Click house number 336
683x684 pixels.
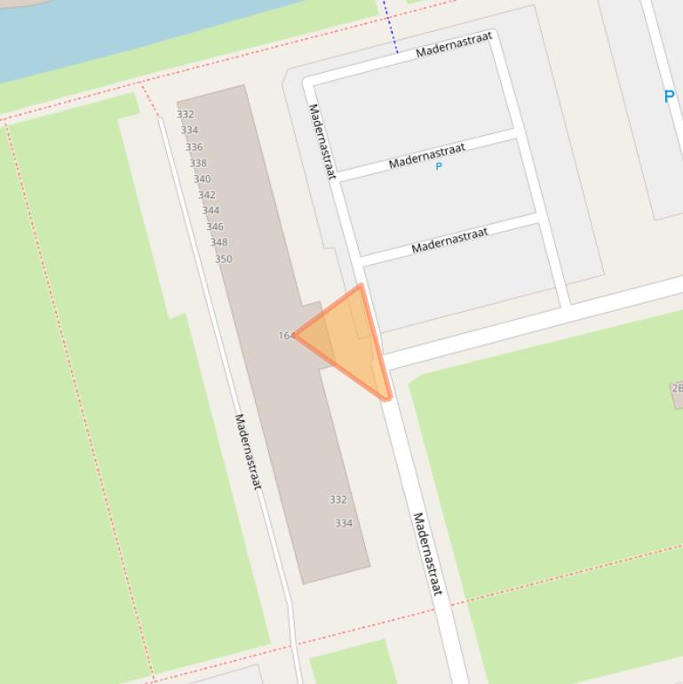[194, 147]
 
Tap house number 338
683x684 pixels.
[198, 163]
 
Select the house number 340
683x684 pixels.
[203, 179]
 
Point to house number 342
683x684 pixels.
[206, 195]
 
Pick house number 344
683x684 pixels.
[210, 211]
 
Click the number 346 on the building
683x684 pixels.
[215, 227]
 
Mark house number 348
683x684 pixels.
[218, 243]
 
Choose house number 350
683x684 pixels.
[223, 259]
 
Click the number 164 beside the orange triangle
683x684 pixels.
[285, 336]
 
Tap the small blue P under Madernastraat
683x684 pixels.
[438, 166]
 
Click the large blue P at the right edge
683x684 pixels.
[669, 97]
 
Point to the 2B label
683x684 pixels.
[677, 388]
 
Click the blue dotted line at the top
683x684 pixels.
[390, 26]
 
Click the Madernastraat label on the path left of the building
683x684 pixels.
[248, 451]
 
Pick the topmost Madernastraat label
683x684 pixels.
[454, 45]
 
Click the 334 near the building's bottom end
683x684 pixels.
[344, 523]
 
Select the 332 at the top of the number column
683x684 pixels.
[185, 115]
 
